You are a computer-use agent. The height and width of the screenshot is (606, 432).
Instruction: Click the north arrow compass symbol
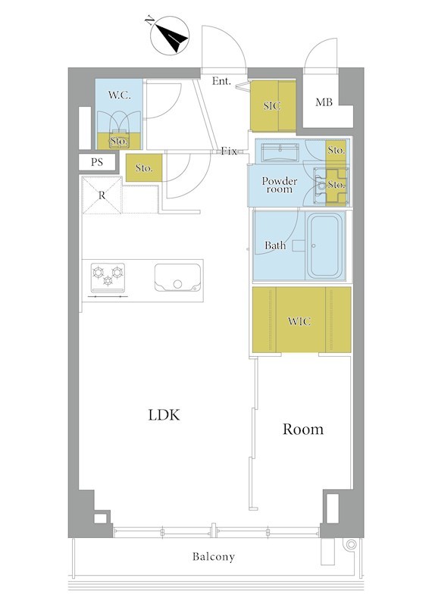pos(170,35)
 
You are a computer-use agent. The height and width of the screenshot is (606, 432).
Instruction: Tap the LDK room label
pos(164,415)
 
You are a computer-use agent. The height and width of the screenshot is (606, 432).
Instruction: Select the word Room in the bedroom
pos(303,429)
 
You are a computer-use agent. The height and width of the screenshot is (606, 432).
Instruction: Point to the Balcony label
pos(214,557)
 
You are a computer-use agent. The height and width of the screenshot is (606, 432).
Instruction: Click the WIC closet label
pos(299,321)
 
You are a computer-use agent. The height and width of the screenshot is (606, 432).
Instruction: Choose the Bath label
pos(275,245)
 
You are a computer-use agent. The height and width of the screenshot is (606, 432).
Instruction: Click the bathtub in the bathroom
pos(324,245)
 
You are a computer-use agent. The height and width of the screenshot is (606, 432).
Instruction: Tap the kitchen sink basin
pos(178,278)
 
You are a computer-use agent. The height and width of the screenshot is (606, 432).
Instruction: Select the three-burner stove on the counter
pos(108,277)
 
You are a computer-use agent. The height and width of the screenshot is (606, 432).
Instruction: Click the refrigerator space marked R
pos(102,195)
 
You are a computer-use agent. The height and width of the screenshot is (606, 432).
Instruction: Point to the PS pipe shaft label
pos(97,162)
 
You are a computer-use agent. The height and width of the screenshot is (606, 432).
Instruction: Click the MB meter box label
pos(324,102)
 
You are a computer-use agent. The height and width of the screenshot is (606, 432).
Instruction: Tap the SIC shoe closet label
pos(272,106)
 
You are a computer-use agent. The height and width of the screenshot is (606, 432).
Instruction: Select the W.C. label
pos(119,95)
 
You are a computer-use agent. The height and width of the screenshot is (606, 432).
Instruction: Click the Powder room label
pos(280,185)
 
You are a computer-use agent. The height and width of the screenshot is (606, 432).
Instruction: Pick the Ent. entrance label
pos(221,81)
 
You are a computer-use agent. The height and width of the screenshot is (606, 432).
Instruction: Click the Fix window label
pos(229,151)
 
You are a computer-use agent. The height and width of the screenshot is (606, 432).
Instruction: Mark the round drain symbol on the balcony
pos(351,545)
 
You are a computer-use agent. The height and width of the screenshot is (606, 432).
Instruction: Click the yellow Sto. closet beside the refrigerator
pos(144,167)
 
